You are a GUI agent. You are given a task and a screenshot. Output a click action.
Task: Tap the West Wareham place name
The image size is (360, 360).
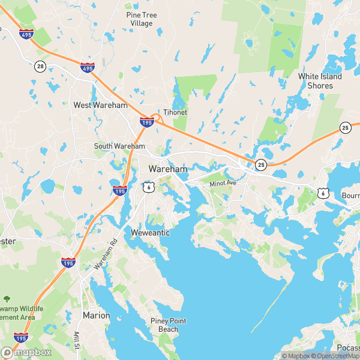[x=101, y=105]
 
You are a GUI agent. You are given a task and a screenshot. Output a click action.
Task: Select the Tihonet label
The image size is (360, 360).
[x=176, y=112]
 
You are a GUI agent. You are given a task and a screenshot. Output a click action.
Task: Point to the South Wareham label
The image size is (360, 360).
[x=119, y=146]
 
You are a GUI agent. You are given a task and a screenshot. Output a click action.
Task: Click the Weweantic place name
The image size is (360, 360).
[x=151, y=232]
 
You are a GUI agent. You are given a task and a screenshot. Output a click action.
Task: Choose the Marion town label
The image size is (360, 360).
[x=97, y=315]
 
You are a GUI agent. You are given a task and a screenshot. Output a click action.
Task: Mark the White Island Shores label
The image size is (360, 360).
[x=320, y=81]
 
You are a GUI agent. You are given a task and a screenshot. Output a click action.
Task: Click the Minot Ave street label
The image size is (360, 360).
[x=224, y=183]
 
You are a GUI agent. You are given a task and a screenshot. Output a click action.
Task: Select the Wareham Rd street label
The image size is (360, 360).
[x=105, y=253]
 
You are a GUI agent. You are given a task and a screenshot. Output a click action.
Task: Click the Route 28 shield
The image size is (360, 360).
[x=40, y=65]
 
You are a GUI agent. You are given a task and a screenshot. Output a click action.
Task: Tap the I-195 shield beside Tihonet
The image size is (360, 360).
[x=146, y=122]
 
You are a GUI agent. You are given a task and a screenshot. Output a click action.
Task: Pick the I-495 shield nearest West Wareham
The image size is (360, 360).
[x=87, y=68]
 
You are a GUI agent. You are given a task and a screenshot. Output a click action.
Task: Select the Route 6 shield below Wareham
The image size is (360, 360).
[x=148, y=188]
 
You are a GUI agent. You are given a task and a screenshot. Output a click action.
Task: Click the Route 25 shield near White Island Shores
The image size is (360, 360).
[x=345, y=127]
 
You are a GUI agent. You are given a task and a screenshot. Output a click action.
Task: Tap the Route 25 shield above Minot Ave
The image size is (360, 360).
[x=260, y=164]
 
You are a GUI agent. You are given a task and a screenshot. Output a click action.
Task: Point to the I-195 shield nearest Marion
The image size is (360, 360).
[x=68, y=263]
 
